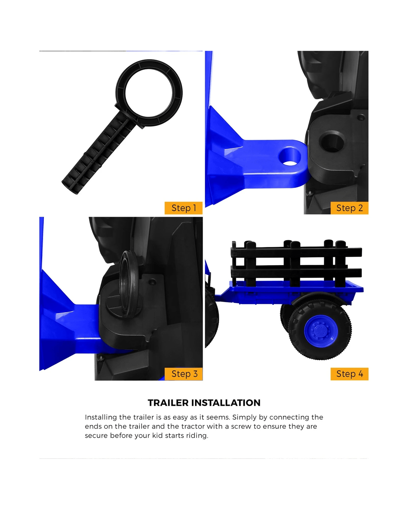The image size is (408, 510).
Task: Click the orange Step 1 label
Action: (x=184, y=208)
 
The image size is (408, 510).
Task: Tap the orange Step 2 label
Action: (x=349, y=208)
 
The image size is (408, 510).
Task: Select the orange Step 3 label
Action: (x=184, y=374)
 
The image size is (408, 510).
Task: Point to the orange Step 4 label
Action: (x=349, y=374)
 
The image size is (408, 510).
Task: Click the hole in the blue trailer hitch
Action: (x=289, y=157)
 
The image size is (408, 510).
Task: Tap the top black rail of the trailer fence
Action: (x=296, y=252)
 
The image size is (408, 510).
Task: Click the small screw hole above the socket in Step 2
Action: (x=361, y=117)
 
